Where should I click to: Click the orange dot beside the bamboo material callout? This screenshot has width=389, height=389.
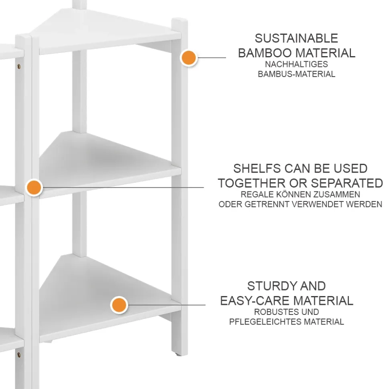point(188,58)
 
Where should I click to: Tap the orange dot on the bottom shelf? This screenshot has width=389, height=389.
point(119,305)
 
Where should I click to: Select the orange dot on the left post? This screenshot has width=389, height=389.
point(34,187)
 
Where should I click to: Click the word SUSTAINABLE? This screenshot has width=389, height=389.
point(296,38)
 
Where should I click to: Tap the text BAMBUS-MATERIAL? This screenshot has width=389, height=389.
point(296,74)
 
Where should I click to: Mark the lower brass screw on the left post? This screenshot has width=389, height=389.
point(18,354)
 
